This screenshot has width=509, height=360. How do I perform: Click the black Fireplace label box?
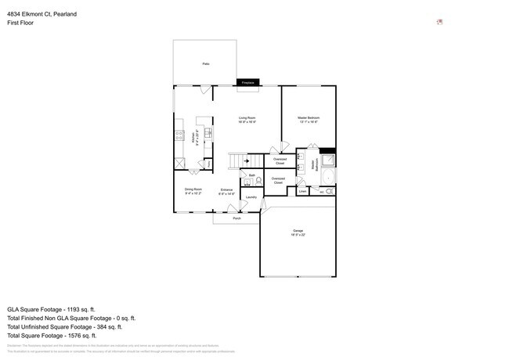[248, 82]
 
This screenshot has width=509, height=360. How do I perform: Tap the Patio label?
[206, 63]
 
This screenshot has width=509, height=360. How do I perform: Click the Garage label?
[298, 232]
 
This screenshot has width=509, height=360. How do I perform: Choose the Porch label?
[236, 218]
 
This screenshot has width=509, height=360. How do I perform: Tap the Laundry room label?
[251, 197]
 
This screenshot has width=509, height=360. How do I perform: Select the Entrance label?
[226, 191]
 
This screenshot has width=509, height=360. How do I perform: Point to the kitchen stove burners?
[179, 134]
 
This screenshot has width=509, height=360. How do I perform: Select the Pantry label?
[206, 164]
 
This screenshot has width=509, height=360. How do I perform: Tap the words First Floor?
[20, 23]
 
